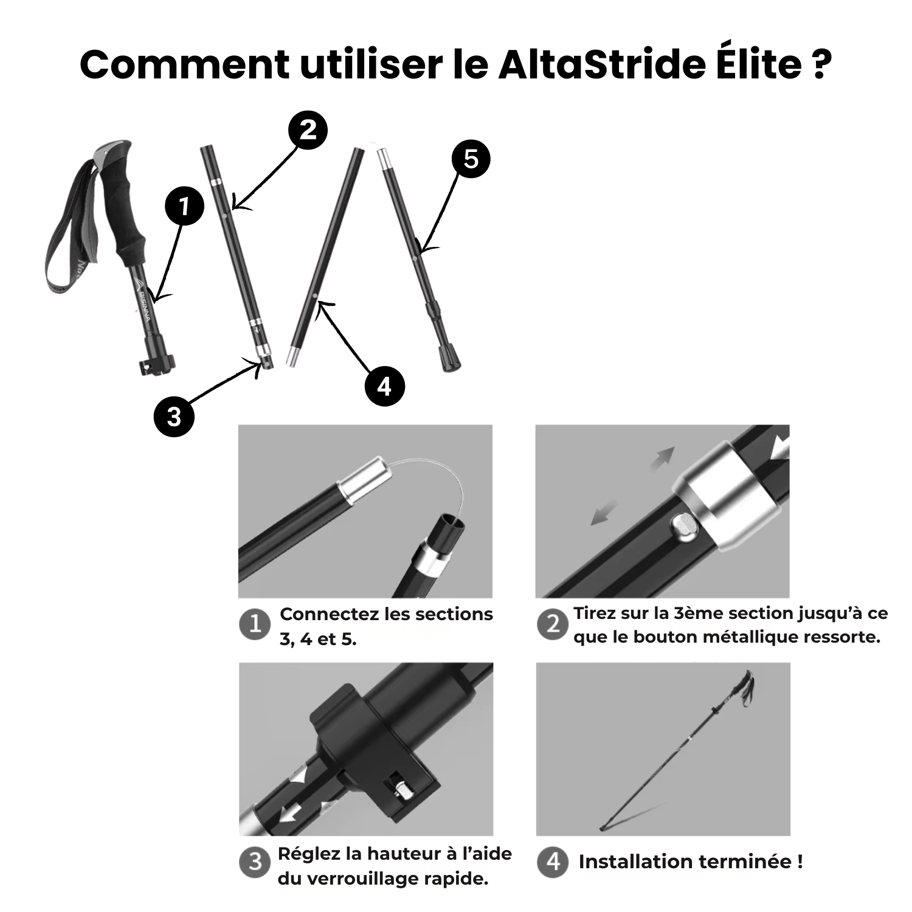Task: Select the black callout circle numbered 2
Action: point(308,130)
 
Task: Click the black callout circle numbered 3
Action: point(174,416)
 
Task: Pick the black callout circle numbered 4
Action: point(384,386)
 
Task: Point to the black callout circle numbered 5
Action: point(471,159)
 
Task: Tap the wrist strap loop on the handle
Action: point(67,243)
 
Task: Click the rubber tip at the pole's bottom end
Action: point(450,359)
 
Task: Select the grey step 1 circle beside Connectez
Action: point(255,624)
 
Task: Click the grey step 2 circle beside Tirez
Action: point(553,624)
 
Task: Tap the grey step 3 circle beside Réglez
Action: point(255,862)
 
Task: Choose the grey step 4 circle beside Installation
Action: point(553,862)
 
